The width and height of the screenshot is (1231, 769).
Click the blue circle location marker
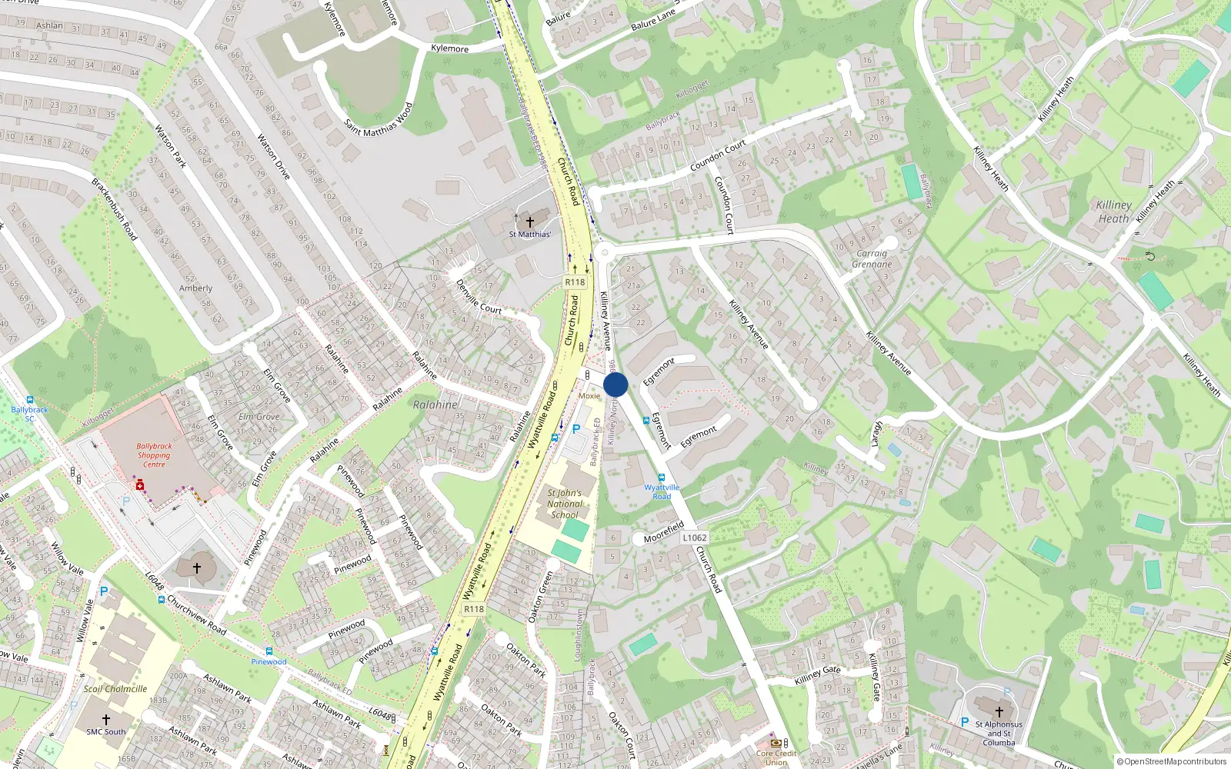[615, 384]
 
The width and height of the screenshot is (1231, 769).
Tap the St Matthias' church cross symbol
[529, 221]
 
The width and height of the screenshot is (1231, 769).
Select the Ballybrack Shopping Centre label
[154, 455]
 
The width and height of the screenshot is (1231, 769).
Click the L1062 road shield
[695, 538]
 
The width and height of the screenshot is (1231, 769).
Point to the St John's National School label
[565, 504]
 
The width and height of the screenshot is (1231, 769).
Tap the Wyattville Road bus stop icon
[661, 478]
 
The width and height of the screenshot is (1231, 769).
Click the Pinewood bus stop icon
[269, 651]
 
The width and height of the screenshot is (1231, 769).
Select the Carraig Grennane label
[872, 258]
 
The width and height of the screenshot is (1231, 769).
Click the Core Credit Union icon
[776, 744]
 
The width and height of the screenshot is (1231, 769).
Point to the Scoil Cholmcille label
[115, 689]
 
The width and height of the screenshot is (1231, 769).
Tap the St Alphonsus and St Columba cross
[999, 711]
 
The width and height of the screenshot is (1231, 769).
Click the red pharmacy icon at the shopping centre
[139, 485]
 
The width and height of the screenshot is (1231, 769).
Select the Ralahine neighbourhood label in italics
[435, 404]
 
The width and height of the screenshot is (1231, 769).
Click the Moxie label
[589, 396]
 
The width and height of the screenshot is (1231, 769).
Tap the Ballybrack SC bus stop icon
[30, 400]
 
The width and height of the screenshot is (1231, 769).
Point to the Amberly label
[195, 288]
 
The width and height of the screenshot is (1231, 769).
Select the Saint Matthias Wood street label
[379, 120]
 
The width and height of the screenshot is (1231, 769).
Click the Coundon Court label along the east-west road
[718, 155]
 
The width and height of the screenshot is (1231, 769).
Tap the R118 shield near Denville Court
[575, 282]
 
